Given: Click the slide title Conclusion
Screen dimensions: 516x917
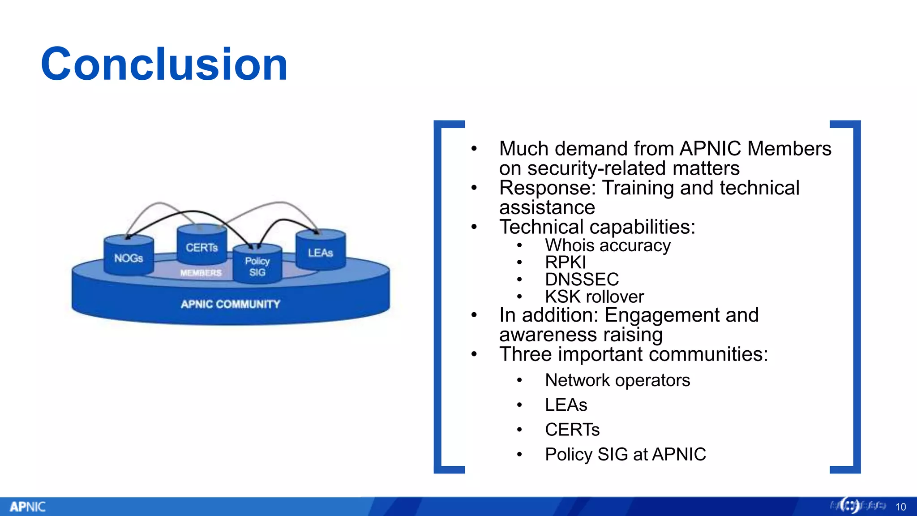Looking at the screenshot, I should tap(164, 64).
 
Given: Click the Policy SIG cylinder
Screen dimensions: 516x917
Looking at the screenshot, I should tap(257, 266).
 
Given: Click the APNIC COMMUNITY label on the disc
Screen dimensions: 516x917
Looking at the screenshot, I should tap(230, 305).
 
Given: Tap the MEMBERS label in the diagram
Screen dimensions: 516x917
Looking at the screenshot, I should tap(201, 273).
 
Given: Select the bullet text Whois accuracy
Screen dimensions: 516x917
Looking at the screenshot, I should tap(608, 245).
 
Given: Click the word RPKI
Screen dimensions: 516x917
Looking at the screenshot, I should tap(565, 262).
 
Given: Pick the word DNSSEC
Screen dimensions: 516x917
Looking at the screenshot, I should tap(582, 279).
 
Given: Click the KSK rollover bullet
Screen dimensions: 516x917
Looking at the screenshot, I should tap(594, 297).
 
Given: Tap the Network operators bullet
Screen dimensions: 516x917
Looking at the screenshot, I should tap(617, 380).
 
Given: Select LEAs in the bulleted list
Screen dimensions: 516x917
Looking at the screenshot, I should tap(566, 405).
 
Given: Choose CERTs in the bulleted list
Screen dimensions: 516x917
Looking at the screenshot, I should tap(572, 430).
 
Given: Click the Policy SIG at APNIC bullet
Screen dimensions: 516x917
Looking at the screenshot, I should tap(625, 454).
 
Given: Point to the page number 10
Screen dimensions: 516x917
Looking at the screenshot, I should tap(900, 507).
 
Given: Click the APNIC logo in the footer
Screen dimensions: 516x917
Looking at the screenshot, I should tap(28, 507).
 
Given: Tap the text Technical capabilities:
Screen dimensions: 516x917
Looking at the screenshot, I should tap(597, 227).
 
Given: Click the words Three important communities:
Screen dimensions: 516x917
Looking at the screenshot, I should tap(634, 354).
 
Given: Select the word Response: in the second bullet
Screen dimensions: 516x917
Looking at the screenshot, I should tap(547, 188).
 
